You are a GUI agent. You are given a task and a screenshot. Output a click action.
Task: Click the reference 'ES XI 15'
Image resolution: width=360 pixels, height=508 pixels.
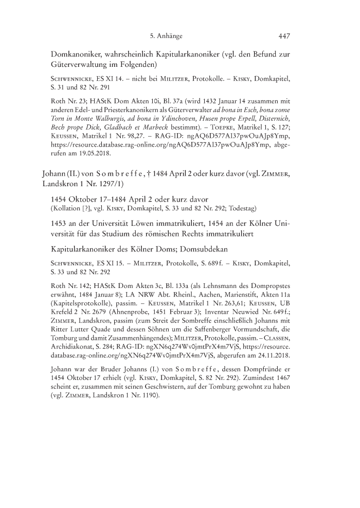[x=108, y=264]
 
